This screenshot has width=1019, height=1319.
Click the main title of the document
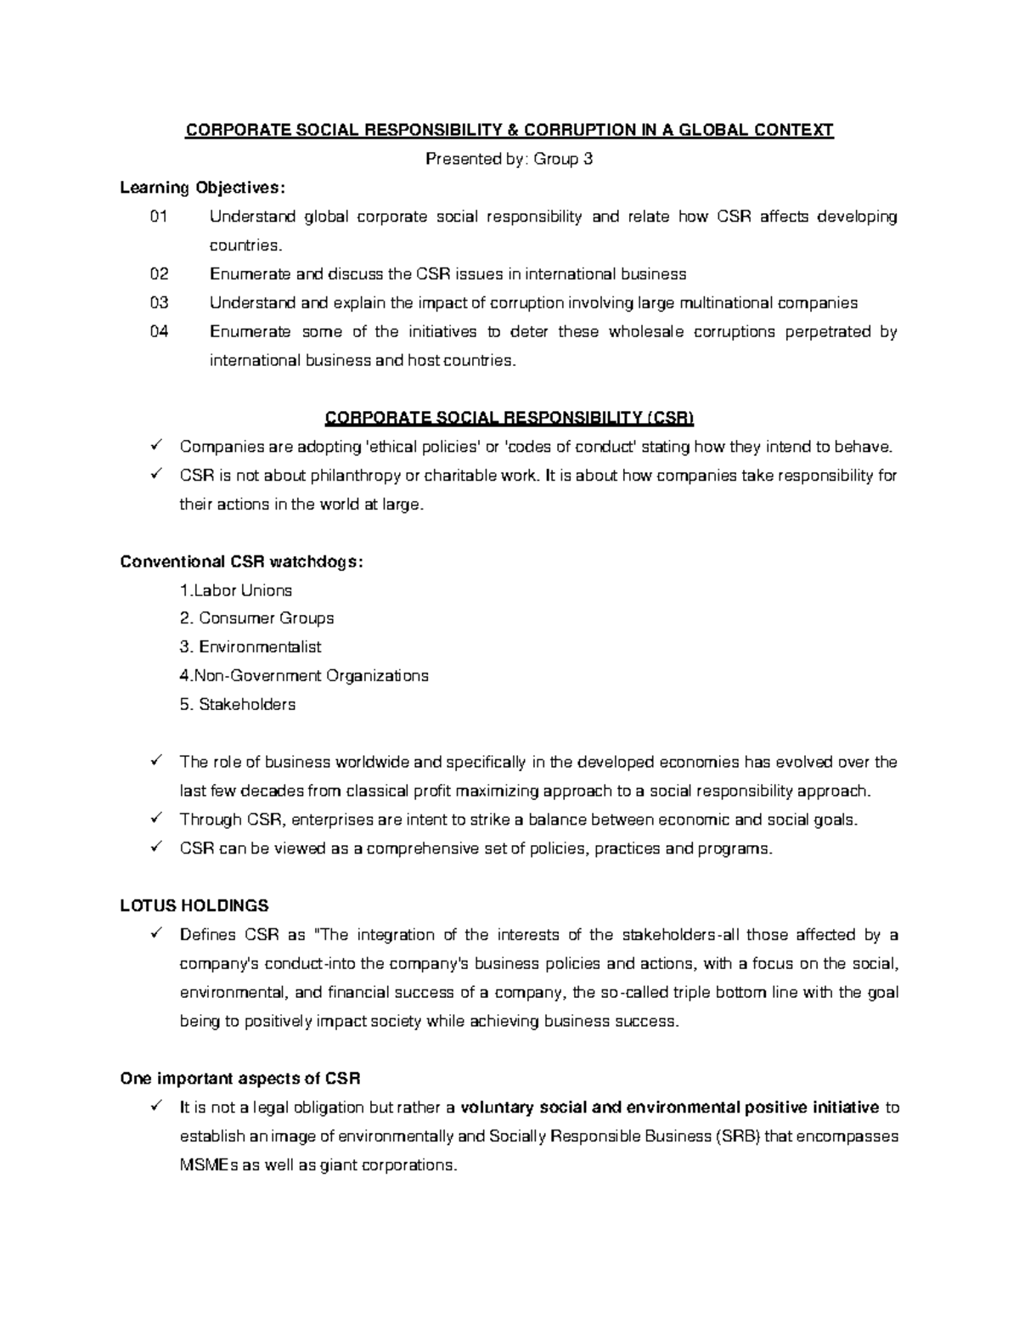509,130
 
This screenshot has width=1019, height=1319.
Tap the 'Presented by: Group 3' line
509,159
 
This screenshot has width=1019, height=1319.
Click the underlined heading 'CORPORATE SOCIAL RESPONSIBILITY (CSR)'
509,418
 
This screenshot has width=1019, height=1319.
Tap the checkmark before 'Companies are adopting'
155,447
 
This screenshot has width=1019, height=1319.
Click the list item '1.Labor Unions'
236,590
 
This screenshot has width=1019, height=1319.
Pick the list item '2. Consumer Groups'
256,618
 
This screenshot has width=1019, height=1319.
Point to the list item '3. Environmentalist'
251,647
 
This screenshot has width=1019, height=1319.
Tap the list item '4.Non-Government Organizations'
304,676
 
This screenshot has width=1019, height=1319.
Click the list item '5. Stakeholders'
238,705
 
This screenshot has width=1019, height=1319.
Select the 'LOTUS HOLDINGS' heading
194,905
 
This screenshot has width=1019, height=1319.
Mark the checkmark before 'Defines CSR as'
155,935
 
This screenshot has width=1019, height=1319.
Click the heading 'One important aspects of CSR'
240,1079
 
